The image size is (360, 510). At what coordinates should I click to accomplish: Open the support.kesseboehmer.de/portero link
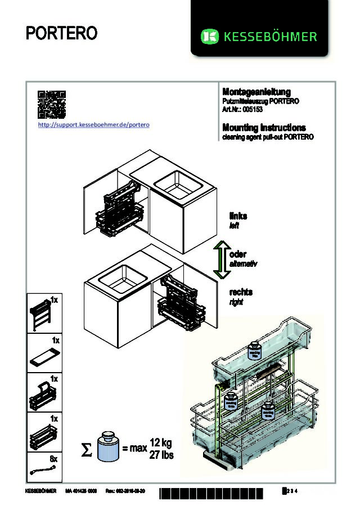point(93,124)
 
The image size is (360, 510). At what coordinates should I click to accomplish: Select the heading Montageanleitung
point(256,92)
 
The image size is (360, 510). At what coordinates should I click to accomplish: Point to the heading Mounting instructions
point(264,128)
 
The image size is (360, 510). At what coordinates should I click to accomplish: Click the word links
point(238,216)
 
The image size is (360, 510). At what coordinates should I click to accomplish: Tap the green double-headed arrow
point(222,259)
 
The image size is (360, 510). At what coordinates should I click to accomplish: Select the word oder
point(238,254)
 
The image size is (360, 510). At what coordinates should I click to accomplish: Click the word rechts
point(241,292)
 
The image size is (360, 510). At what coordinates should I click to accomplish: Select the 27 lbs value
point(161,455)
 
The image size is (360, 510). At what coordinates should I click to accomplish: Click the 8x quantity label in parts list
point(54,459)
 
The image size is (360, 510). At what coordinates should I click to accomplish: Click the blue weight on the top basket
point(254,351)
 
